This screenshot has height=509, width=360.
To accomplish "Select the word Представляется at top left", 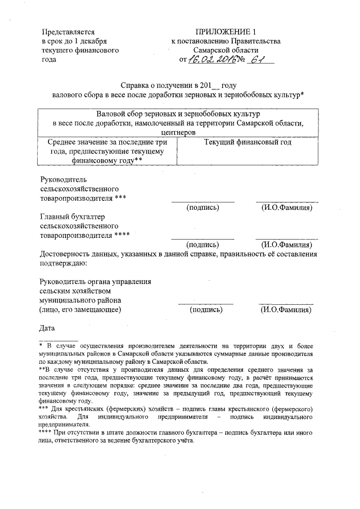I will pos(67,31).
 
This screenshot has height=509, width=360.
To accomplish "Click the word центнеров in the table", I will pos(177,133).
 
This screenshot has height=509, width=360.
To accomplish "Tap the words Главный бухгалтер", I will pos(73,216).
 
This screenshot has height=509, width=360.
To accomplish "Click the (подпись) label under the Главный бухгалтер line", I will pos(202,245).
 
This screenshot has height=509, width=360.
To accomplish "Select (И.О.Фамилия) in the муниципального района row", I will pos(286,309).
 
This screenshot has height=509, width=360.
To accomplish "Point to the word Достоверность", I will pos(65,254).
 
